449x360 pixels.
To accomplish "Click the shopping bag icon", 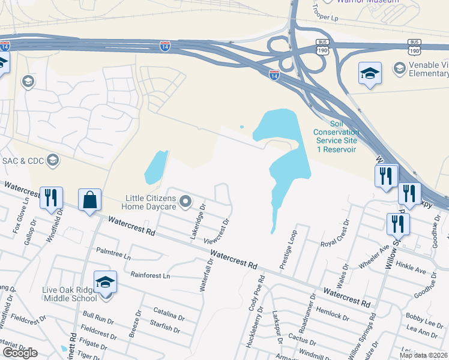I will pyautogui.click(x=89, y=200).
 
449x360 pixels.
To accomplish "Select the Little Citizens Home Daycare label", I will pyautogui.click(x=149, y=202).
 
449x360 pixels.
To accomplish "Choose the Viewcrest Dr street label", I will pyautogui.click(x=218, y=230).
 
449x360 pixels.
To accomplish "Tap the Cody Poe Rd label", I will pyautogui.click(x=258, y=293).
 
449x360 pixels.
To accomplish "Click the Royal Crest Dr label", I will pyautogui.click(x=335, y=235).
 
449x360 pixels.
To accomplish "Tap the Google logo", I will pyautogui.click(x=20, y=353).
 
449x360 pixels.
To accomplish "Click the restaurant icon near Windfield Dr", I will pyautogui.click(x=50, y=197).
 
